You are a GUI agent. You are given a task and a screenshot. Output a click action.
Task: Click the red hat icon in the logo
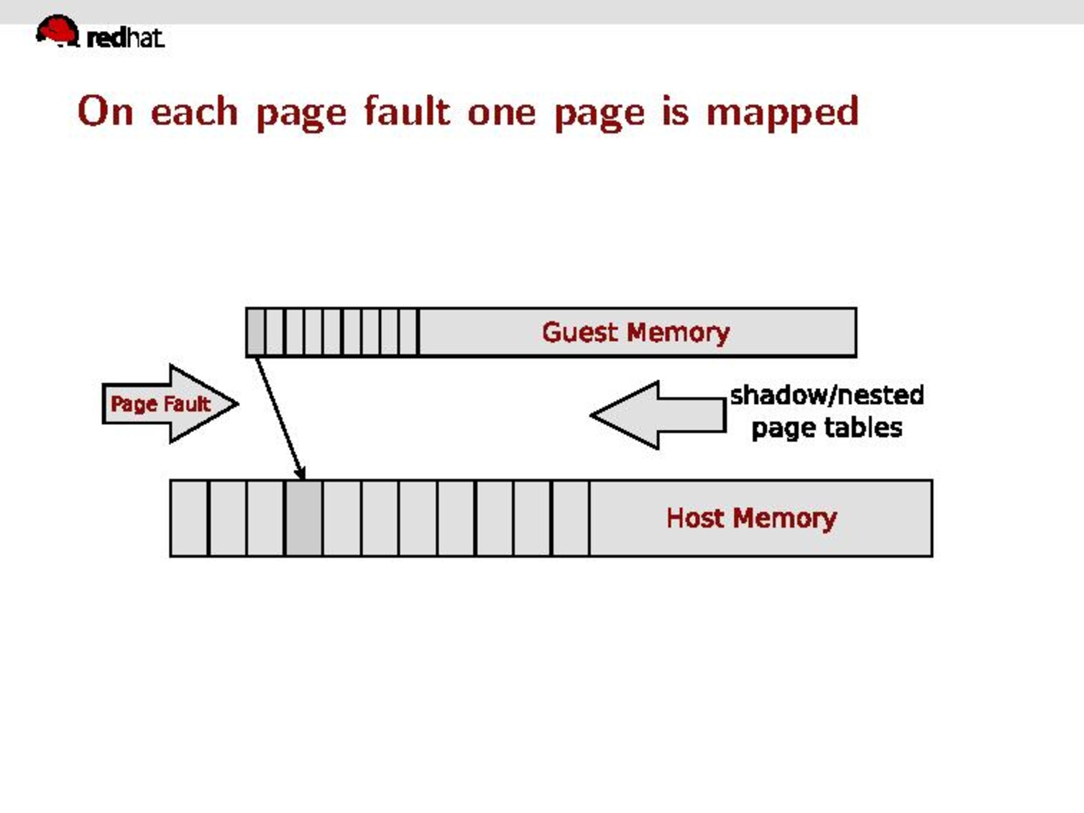[x=58, y=31]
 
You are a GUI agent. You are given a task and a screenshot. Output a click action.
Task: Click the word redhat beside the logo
[x=125, y=37]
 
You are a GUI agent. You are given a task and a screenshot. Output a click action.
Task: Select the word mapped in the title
[x=782, y=113]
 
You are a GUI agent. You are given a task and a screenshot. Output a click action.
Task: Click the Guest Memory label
[x=635, y=332]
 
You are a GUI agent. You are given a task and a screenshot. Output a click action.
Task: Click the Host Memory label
[x=751, y=518]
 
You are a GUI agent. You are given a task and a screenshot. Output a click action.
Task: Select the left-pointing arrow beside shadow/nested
[x=658, y=415]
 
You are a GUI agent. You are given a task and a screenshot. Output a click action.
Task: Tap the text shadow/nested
[x=827, y=395]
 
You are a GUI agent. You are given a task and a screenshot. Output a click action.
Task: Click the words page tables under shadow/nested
[x=827, y=428]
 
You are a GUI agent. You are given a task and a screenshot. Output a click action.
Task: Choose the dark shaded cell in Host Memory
[x=303, y=518]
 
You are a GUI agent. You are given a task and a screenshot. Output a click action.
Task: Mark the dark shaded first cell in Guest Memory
[x=255, y=332]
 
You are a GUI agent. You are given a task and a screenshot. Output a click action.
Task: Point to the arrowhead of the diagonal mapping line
[x=302, y=473]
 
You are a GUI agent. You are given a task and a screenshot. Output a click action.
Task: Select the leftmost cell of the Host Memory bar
[x=189, y=518]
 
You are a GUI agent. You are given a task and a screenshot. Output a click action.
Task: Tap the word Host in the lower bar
[x=694, y=518]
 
